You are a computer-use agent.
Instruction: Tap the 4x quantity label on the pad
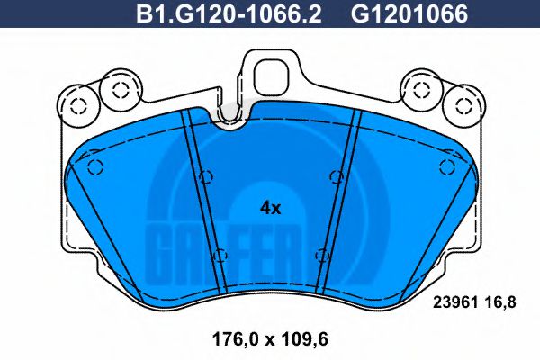coord(270,208)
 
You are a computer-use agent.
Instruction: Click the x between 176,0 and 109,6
coord(264,341)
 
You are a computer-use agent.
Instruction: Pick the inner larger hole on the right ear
coord(420,88)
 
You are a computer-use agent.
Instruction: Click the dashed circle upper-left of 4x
coord(207,175)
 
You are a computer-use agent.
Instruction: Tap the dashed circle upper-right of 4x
coord(335,175)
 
